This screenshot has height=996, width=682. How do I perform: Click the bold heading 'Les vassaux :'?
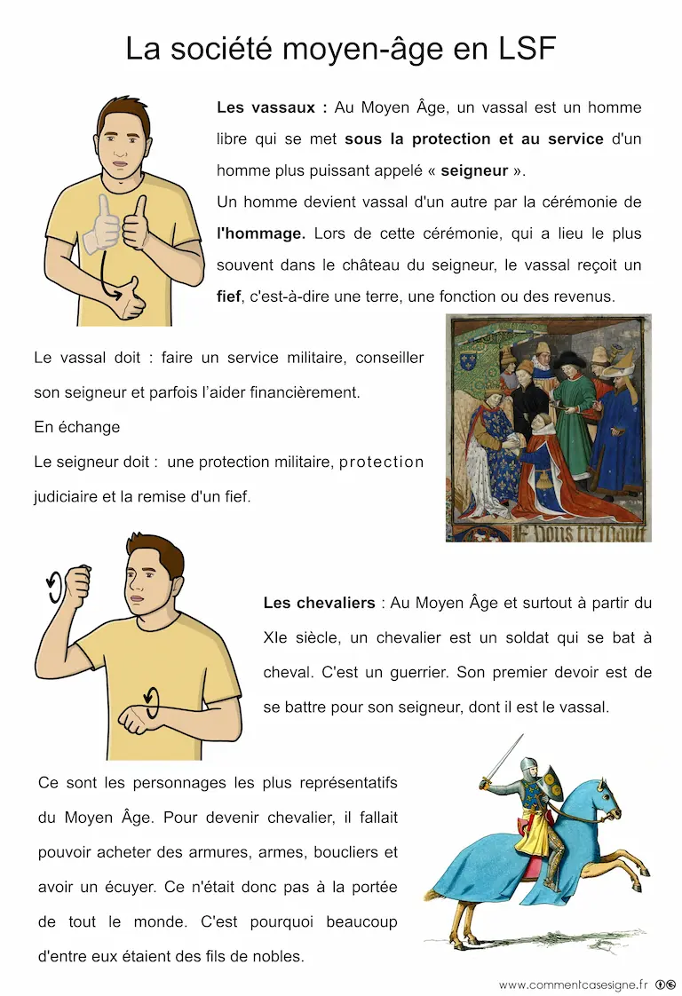pyautogui.click(x=272, y=107)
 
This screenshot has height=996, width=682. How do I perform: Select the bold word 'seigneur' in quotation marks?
pyautogui.click(x=474, y=170)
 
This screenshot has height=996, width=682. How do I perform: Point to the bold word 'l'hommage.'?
pyautogui.click(x=261, y=233)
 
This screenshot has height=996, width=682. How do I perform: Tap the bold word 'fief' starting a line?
pyautogui.click(x=228, y=296)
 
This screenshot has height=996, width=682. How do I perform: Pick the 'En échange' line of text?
pyautogui.click(x=76, y=427)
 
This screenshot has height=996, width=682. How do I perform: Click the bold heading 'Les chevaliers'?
pyautogui.click(x=319, y=603)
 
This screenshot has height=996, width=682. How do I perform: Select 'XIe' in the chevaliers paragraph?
pyautogui.click(x=274, y=637)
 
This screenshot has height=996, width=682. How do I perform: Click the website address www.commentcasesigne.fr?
pyautogui.click(x=573, y=984)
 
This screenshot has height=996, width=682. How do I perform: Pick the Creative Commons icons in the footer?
pyautogui.click(x=666, y=984)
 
